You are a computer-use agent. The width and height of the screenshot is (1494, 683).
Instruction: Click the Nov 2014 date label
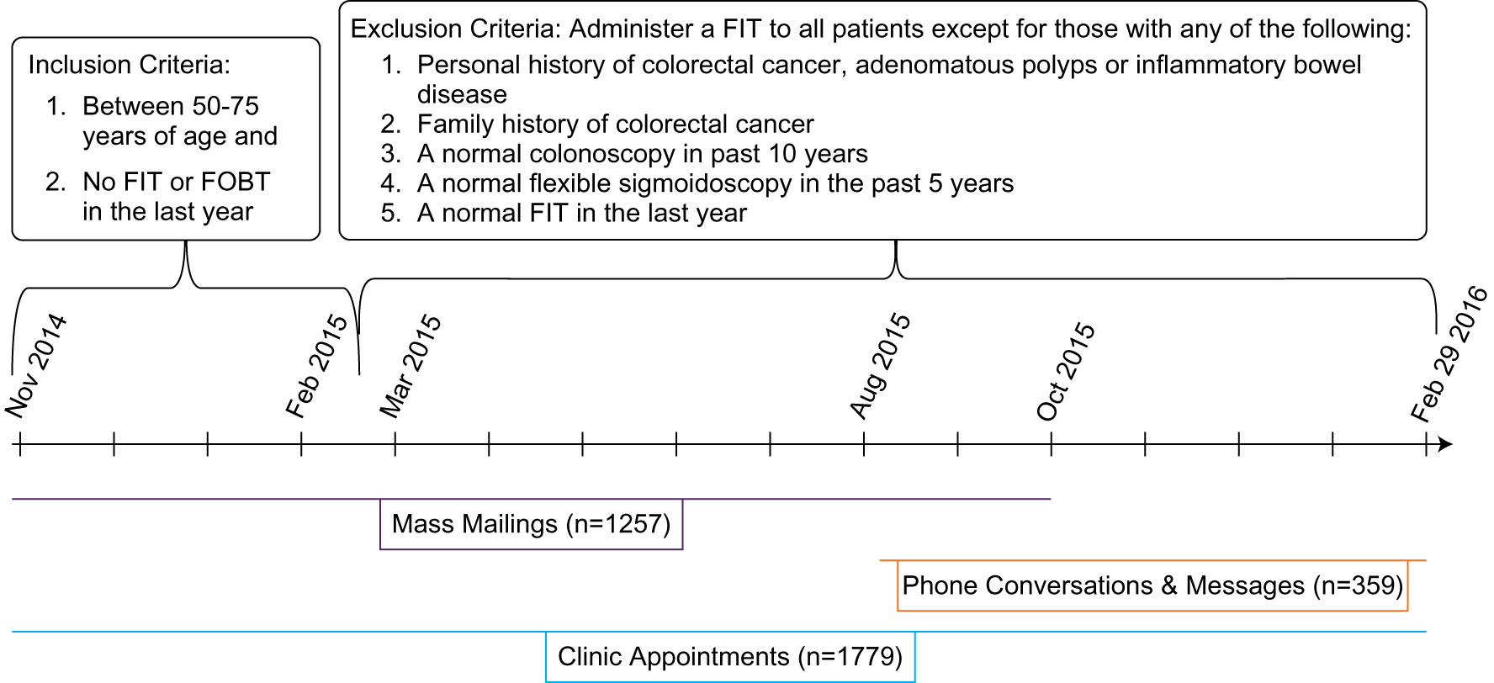[x=35, y=365]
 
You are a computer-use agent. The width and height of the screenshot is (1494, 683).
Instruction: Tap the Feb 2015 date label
[x=316, y=365]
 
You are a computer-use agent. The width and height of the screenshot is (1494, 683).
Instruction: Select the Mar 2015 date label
[x=411, y=365]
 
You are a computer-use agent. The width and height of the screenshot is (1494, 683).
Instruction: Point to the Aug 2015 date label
[x=880, y=365]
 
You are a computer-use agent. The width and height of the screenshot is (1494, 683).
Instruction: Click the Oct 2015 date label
[x=1066, y=370]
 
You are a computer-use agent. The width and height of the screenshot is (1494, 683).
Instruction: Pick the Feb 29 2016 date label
[x=1449, y=353]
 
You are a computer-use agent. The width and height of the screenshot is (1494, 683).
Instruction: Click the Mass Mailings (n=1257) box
[x=531, y=524]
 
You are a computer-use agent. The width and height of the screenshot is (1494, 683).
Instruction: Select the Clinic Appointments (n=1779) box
[x=729, y=657]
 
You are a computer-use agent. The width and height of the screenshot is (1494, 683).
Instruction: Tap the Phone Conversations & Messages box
[x=1152, y=585]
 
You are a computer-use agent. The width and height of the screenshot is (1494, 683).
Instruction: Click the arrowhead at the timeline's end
[x=1445, y=444]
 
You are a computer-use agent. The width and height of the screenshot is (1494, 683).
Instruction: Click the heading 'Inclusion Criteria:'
[x=129, y=65]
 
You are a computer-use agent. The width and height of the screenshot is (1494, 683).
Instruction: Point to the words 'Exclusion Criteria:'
[x=455, y=29]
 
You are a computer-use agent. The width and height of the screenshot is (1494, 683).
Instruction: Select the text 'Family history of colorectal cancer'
[x=615, y=124]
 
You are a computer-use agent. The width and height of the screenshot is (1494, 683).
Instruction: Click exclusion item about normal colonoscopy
[x=642, y=154]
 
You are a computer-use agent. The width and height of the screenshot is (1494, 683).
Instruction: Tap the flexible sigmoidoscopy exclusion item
[x=715, y=183]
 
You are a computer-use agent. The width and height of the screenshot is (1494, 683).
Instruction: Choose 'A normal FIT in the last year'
[x=581, y=214]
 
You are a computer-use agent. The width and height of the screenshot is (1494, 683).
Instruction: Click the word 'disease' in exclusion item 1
[x=462, y=95]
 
